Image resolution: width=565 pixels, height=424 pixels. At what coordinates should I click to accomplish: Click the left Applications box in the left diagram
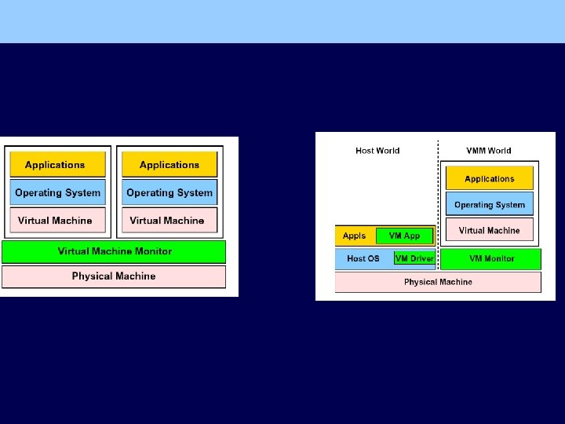[57, 165]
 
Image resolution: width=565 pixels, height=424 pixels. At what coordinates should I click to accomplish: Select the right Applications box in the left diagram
[169, 165]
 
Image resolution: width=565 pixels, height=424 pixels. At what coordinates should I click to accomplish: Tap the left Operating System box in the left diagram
[57, 192]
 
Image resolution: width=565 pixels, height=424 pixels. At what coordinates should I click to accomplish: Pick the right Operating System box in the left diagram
[169, 192]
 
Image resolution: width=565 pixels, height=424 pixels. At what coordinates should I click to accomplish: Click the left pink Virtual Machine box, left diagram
[57, 221]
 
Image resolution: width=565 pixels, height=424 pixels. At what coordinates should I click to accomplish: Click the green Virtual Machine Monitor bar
[114, 251]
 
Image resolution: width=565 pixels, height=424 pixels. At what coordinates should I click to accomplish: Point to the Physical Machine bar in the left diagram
[114, 276]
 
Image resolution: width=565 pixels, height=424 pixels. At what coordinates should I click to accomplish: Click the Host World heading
[377, 151]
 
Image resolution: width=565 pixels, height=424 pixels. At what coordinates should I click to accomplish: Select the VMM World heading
[488, 151]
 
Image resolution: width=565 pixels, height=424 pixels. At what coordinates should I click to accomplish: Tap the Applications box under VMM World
[490, 179]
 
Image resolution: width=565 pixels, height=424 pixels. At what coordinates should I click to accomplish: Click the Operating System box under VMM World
[490, 205]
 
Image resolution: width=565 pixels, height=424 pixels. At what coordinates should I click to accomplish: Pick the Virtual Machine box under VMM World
[490, 230]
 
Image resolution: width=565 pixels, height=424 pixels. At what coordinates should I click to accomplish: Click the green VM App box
[404, 236]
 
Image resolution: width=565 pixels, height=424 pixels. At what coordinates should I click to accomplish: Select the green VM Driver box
[414, 258]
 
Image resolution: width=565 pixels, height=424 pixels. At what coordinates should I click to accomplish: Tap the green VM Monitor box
[491, 258]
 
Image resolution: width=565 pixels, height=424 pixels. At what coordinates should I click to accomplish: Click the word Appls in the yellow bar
[355, 236]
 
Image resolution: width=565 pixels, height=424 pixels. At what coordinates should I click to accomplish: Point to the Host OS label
[363, 258]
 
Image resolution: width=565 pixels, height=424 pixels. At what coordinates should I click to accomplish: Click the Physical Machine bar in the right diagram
[438, 282]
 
